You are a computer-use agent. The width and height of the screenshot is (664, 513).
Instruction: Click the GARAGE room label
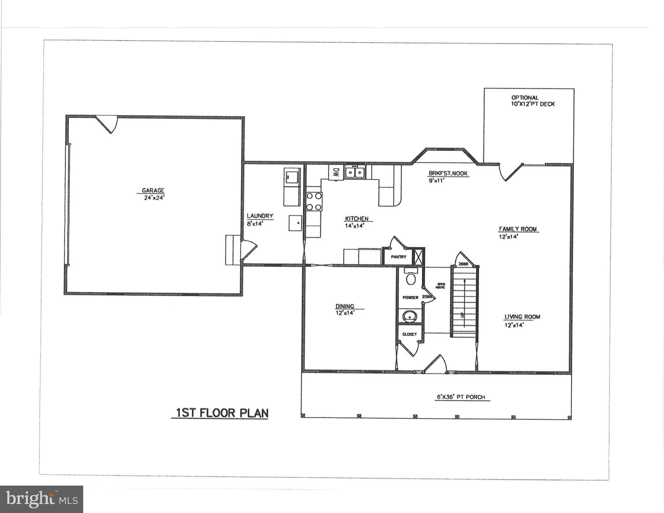[x=153, y=190]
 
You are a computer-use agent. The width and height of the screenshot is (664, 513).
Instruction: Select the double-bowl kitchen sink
[x=355, y=172]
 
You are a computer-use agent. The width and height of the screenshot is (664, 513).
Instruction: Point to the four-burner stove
[x=314, y=202]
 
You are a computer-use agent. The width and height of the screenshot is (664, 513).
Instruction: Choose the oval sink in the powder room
[x=410, y=316]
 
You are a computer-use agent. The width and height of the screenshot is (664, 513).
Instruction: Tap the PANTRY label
[x=399, y=257]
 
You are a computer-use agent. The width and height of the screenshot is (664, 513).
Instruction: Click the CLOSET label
[x=409, y=334]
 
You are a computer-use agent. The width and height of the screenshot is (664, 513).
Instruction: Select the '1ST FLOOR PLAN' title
[x=222, y=413]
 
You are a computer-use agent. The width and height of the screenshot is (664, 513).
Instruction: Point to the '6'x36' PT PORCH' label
[x=461, y=397]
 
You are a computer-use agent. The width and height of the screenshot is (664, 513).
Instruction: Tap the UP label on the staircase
[x=462, y=315]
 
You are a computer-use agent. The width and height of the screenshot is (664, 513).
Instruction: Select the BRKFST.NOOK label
[x=448, y=173]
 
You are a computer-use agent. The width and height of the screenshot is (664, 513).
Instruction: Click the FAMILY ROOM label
[x=518, y=229]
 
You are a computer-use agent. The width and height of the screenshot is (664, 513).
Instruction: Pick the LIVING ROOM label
[x=522, y=317]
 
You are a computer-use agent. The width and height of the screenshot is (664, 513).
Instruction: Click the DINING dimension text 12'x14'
[x=345, y=313]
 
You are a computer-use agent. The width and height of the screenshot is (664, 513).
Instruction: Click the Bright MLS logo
[x=41, y=499]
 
